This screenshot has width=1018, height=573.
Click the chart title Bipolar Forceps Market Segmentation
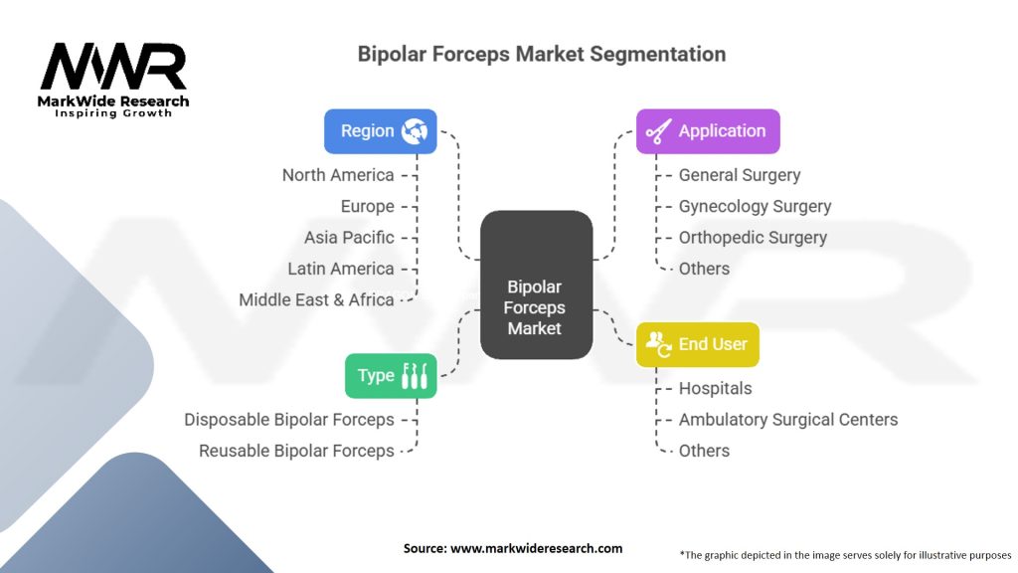tap(542, 54)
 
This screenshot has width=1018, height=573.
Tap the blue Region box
tap(381, 131)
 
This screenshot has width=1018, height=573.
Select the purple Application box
tap(708, 131)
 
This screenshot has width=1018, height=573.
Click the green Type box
tap(391, 376)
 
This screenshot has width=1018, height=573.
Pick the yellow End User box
tap(697, 344)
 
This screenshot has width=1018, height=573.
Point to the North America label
tap(338, 175)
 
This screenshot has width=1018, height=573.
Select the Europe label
tap(367, 206)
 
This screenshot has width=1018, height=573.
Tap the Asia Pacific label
tap(349, 238)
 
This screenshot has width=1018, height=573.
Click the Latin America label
tap(341, 269)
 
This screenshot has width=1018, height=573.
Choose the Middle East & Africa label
tap(316, 299)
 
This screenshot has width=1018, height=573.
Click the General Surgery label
tap(740, 175)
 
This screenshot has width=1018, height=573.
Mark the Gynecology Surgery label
tap(755, 206)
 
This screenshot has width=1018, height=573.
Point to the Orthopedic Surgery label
tap(753, 238)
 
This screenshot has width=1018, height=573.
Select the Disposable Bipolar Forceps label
tap(289, 420)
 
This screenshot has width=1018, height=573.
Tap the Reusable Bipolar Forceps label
tap(296, 451)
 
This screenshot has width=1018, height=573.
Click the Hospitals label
tap(715, 388)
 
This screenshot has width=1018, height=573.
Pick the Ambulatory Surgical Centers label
tap(788, 420)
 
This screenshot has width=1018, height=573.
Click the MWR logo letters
tap(113, 68)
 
